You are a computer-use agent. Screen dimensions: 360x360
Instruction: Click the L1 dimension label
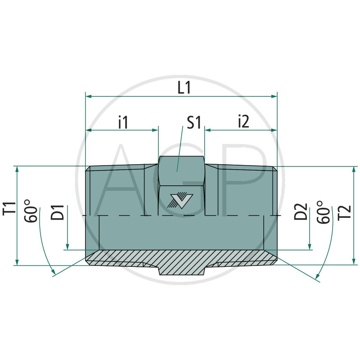184,88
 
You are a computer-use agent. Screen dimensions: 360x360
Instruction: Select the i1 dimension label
123,122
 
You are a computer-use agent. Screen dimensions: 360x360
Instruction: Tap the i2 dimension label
243,122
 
